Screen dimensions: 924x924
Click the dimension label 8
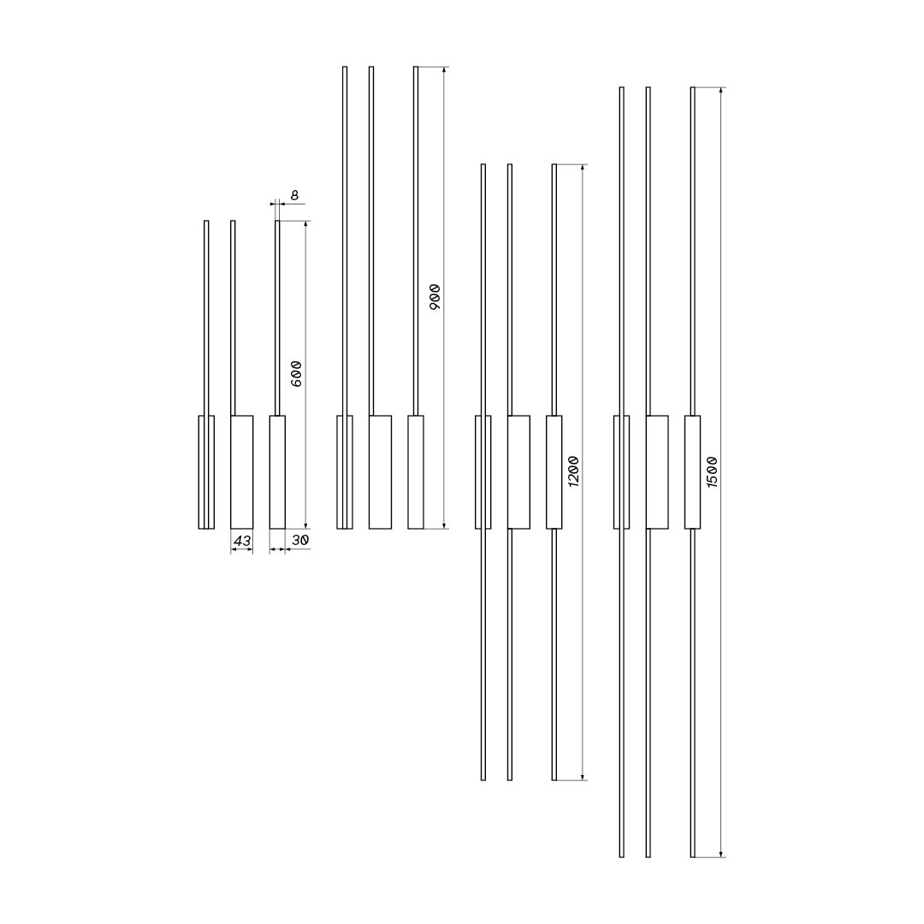click(294, 195)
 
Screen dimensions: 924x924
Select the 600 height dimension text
click(296, 374)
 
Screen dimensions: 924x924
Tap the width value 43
click(242, 540)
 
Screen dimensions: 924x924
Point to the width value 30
click(300, 539)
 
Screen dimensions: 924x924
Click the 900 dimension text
click(435, 298)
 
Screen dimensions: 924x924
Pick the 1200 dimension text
click(573, 471)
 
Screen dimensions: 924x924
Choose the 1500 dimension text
click(711, 471)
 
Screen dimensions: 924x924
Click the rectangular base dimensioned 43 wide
click(241, 472)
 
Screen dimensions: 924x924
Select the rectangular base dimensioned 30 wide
click(277, 472)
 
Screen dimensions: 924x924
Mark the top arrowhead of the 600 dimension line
click(305, 224)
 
